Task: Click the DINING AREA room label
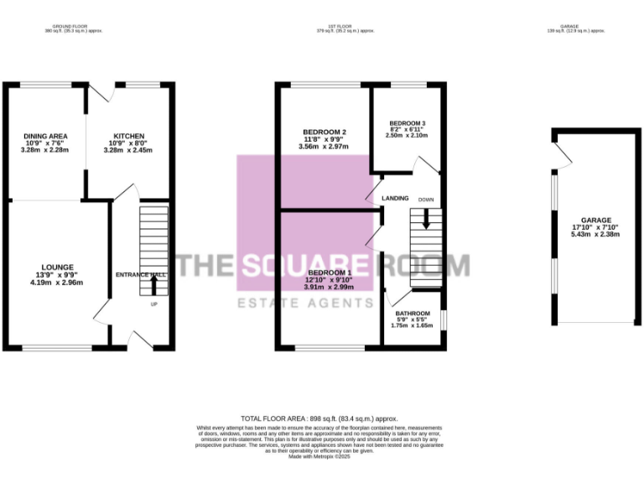point(45,136)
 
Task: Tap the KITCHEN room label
point(129,136)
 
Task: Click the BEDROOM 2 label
point(325,132)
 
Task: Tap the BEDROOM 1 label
point(328,273)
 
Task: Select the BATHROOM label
point(413,314)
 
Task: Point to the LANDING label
point(395,199)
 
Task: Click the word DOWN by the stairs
point(426,200)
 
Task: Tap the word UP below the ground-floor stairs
point(153,304)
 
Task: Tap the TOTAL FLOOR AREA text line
point(319,418)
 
